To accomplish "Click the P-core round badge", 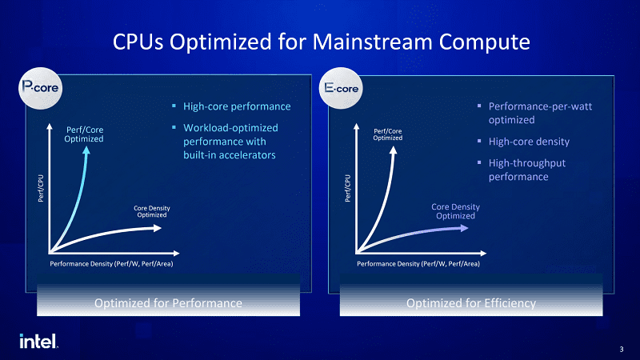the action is (41, 88).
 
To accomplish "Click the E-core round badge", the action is (341, 88).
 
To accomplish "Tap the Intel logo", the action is (38, 342).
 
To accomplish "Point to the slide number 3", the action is (622, 350).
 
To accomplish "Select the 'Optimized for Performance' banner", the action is (168, 303).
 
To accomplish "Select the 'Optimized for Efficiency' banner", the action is (471, 303).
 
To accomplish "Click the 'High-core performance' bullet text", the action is (237, 106).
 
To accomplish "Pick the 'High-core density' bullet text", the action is (529, 142).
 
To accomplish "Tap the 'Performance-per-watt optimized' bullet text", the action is (540, 113).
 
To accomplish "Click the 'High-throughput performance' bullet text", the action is (527, 170).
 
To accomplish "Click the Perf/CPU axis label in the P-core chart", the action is (41, 188).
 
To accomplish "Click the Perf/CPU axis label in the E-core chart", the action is (347, 188).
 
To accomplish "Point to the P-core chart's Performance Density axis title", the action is (111, 264).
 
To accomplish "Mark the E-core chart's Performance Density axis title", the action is (418, 264).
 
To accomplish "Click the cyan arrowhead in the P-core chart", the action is (86, 150).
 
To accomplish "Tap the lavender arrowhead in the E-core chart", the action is (464, 228).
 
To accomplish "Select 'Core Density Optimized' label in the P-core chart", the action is (152, 211).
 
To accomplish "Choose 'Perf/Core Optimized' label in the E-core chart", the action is (388, 134).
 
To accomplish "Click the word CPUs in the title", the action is (138, 42).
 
